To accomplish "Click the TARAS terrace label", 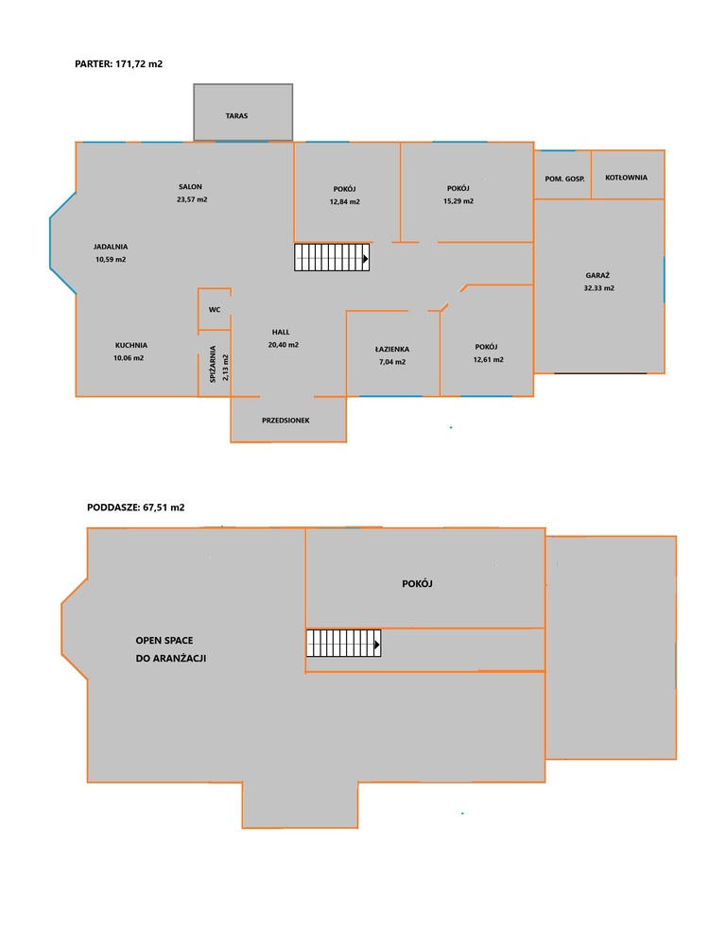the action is coord(236,115).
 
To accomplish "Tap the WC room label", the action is coord(215,310).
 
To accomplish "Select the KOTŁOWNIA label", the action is coord(626,178).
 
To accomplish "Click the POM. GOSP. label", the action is coord(564,179).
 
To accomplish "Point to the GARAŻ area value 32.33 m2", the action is coord(599,288).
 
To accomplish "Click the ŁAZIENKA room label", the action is coord(392,349).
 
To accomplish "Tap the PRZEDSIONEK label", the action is coord(285,421).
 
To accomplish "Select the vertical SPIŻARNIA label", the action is coord(213,364).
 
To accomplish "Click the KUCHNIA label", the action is coord(131,345).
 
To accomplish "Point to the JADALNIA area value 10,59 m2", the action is coord(111,259).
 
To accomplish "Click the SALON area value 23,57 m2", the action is coord(192,199).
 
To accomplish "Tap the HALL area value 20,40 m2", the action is coord(284,345).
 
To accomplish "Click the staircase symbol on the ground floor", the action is coord(332,257).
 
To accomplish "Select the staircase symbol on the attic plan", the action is coord(343,644).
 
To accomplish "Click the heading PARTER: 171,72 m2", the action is coord(118,63).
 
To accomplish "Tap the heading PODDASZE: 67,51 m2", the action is coord(136,508).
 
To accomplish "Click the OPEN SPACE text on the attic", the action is coord(164,640).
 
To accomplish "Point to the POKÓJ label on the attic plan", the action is coord(417,583).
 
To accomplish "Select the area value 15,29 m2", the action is coord(458,201).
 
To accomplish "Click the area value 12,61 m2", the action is coord(489,360).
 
